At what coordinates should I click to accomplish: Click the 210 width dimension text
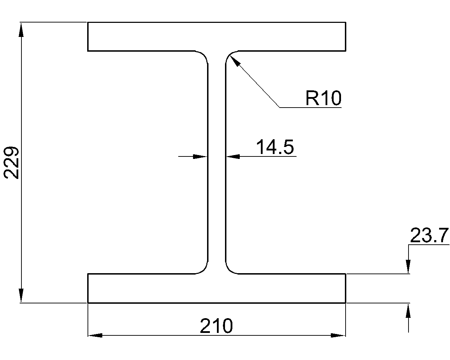point(216,326)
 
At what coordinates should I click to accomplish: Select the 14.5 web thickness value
point(275,147)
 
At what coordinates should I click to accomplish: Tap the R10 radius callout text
point(323,98)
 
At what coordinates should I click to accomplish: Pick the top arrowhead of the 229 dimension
point(21,30)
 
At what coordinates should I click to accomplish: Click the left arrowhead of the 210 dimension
point(95,335)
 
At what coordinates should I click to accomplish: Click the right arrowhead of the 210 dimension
point(338,335)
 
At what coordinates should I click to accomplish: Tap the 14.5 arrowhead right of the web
point(233,156)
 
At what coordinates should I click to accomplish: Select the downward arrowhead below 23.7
point(408,266)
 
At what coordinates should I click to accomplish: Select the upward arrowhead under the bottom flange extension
point(408,311)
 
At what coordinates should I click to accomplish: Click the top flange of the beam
point(217,37)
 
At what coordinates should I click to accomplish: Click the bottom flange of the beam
point(217,288)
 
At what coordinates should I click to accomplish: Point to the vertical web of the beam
point(217,162)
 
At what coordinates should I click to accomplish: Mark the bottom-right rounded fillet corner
point(230,269)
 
